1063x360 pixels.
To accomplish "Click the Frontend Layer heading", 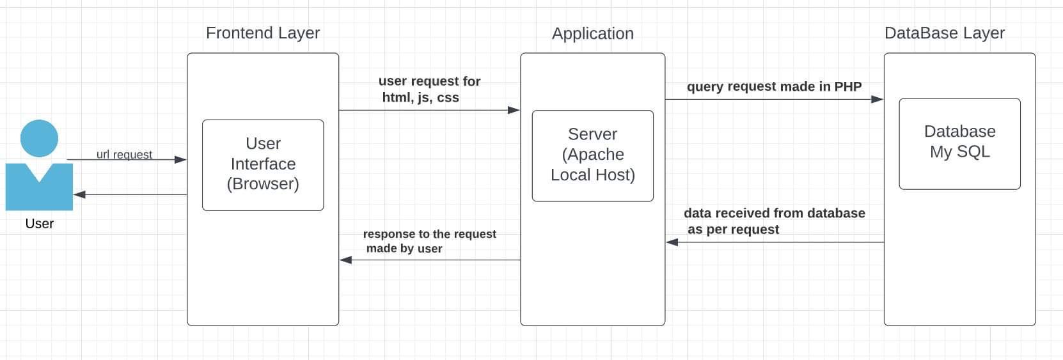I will coord(262,33).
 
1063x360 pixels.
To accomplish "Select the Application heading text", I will coord(592,34).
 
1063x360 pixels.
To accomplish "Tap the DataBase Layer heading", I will coord(944,33).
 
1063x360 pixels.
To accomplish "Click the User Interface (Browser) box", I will coord(263,164).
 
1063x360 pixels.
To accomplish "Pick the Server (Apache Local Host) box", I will coord(592,155).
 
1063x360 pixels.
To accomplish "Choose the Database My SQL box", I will coord(959,143).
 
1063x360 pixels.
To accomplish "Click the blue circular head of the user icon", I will coord(40,138).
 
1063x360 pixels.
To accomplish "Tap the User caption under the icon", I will coord(39,224).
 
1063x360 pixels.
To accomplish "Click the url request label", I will coord(124,155).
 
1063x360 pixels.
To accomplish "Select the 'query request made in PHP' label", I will coord(774,86).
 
